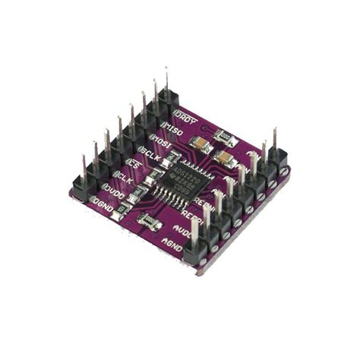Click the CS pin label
(137, 164)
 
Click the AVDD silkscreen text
(182, 228)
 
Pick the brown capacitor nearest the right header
(226, 158)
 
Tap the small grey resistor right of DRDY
(224, 137)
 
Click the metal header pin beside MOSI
(143, 106)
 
